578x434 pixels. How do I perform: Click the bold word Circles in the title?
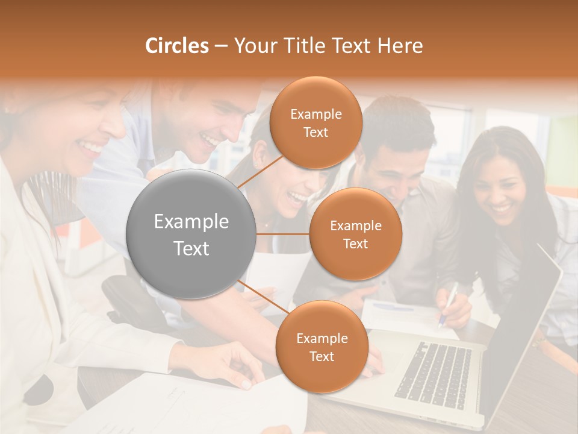177,46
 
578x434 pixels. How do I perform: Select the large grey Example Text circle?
191,234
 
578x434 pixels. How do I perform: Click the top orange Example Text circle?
315,123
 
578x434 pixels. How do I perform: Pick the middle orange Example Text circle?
355,234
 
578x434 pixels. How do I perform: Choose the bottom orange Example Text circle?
322,347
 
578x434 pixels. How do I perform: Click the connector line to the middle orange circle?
283,234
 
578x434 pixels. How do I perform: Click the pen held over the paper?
449,304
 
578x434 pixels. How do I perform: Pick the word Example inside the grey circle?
191,222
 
